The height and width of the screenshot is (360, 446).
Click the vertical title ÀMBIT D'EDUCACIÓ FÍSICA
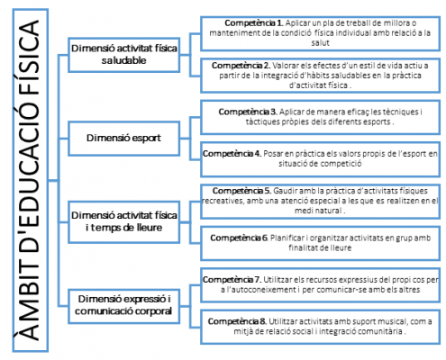point(30,180)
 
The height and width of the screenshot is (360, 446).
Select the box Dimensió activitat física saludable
point(124,55)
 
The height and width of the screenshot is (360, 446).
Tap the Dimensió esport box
point(124,139)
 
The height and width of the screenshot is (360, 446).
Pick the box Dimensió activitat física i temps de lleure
point(124,222)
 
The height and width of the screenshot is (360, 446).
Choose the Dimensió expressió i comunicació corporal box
point(124,306)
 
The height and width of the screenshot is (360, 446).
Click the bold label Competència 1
point(254,23)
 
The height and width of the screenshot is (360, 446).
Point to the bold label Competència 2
point(241,66)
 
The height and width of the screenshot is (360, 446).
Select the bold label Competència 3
point(248,112)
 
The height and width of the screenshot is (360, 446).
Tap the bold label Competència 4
point(232,154)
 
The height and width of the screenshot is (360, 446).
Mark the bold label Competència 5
point(241,191)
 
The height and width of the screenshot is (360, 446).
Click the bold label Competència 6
point(239,238)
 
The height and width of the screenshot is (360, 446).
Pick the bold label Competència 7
point(232,280)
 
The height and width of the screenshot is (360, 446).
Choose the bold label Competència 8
point(237,321)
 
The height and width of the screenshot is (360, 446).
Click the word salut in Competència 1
point(320,43)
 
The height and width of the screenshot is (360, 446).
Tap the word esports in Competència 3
point(377,121)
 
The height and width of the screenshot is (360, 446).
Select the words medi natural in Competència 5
point(318,211)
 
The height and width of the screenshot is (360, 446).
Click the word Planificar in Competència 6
point(287,238)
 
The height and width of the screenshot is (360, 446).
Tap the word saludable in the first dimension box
point(123,60)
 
